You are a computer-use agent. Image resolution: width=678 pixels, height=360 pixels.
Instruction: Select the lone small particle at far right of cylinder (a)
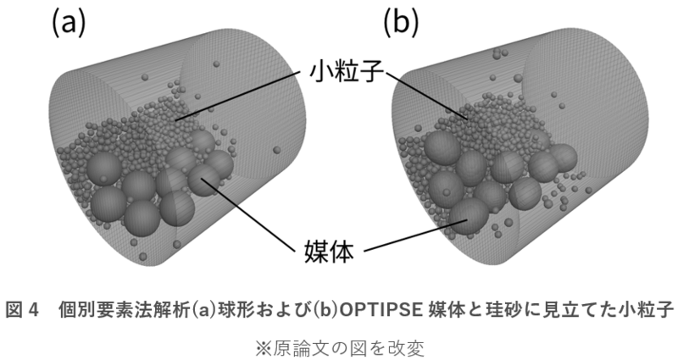coord(276,150)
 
